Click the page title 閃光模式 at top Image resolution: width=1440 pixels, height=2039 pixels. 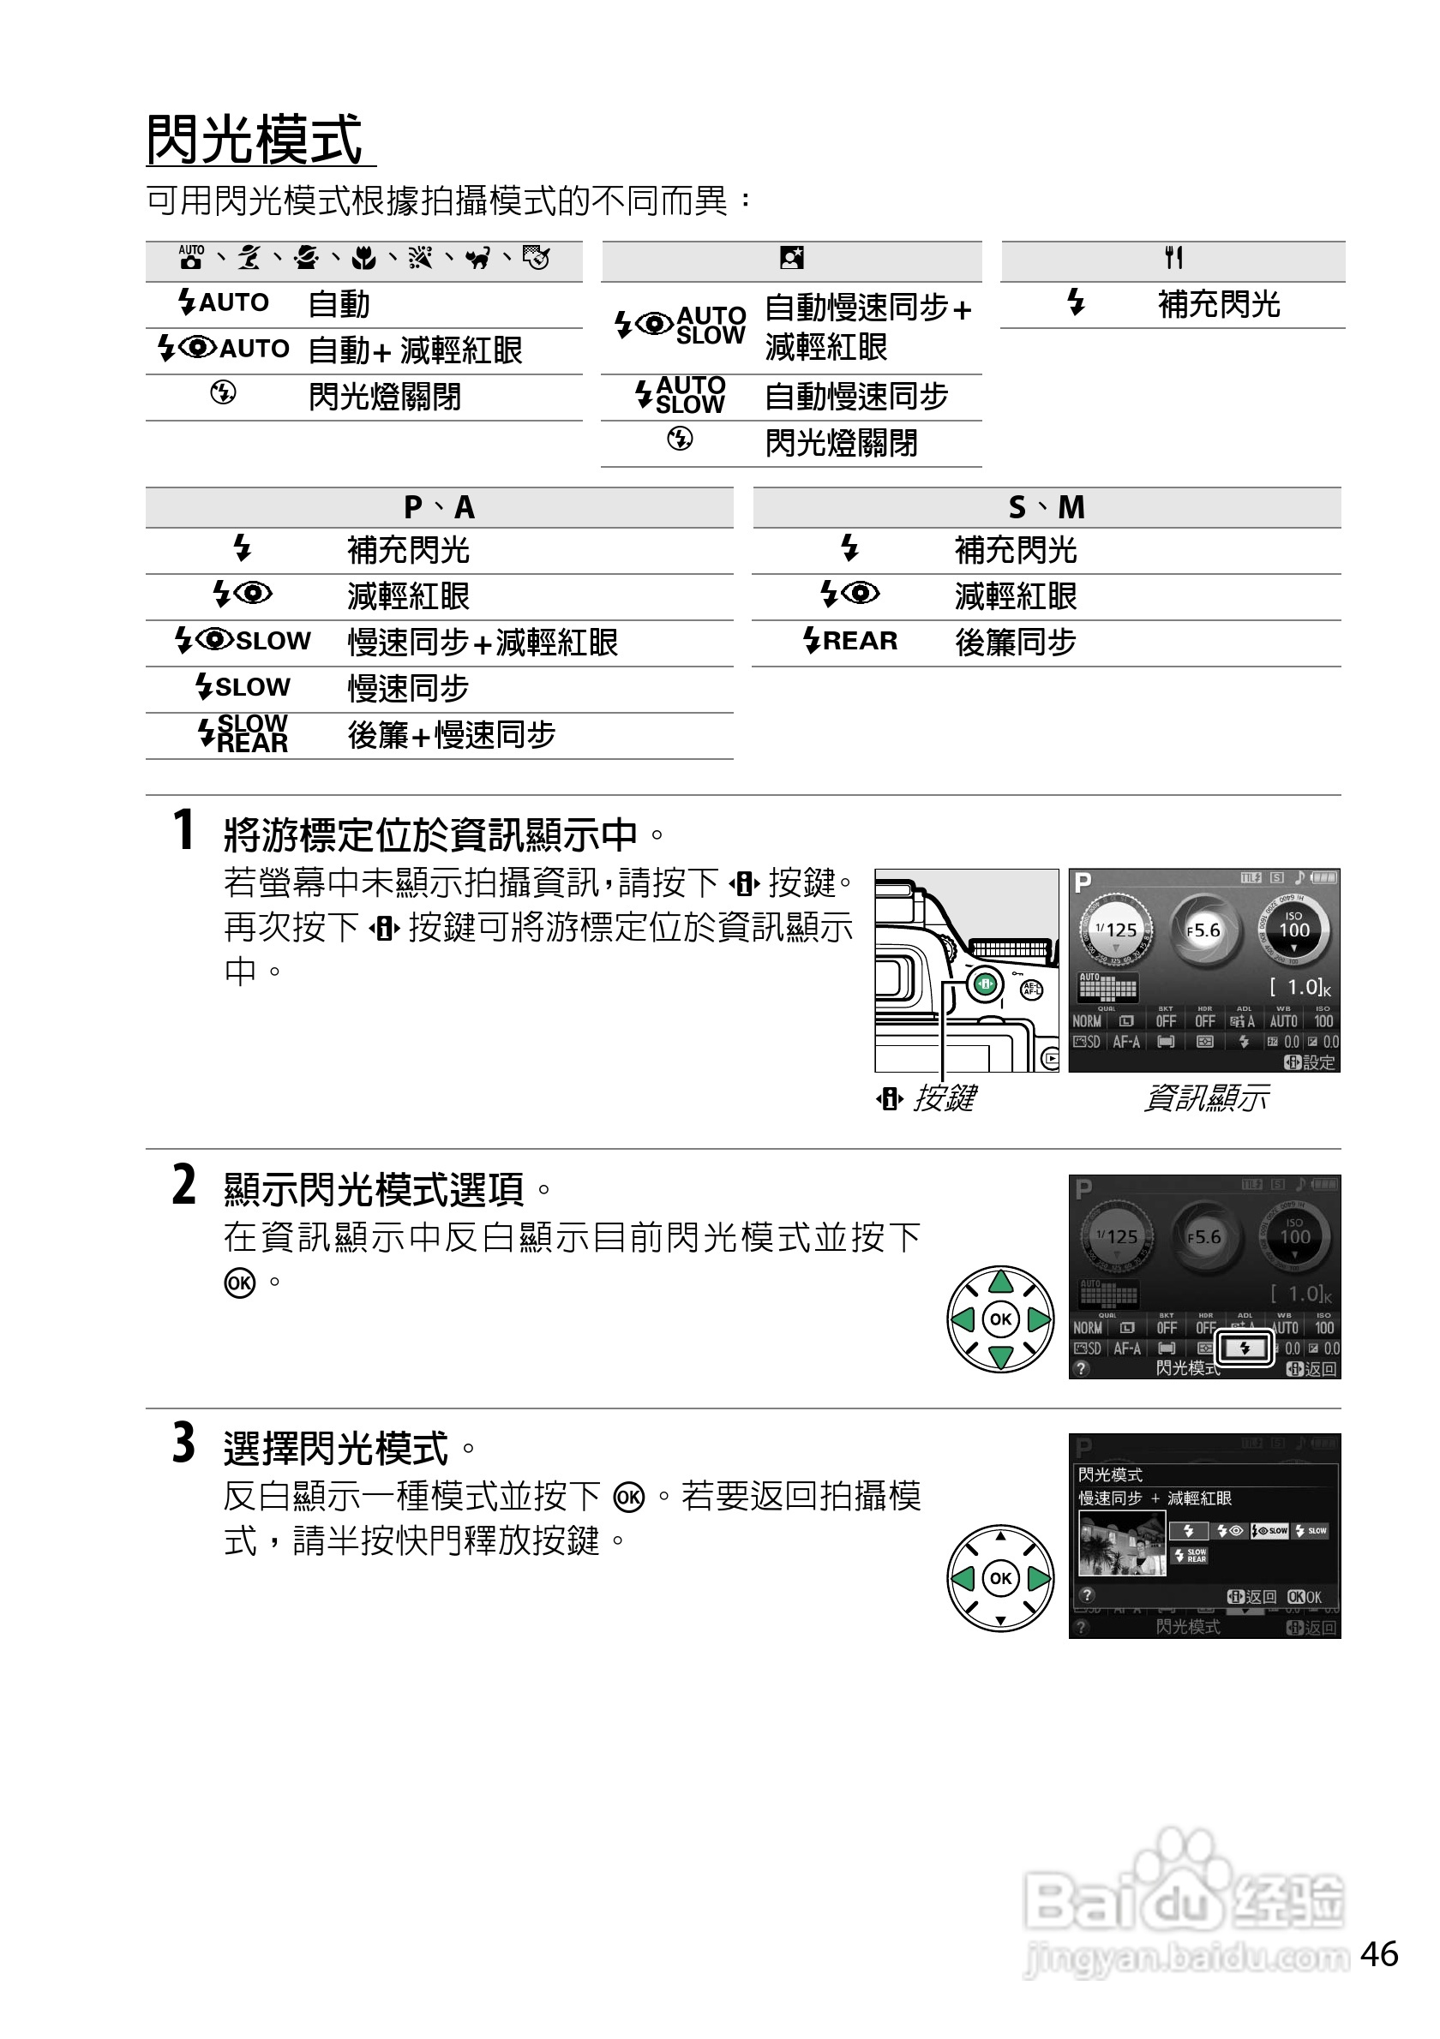(x=254, y=141)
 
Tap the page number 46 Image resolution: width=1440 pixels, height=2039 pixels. (x=1378, y=1953)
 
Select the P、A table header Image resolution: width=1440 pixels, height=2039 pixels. (x=439, y=508)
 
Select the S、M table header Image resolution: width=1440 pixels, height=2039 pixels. (x=1046, y=508)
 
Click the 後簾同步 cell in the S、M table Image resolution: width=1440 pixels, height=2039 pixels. (x=1016, y=642)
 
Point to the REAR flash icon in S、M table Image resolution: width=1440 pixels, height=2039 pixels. (x=850, y=640)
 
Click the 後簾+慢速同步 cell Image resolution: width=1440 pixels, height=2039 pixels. (x=451, y=735)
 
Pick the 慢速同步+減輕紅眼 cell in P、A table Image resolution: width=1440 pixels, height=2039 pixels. (x=483, y=642)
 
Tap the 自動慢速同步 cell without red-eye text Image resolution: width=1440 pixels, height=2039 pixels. (x=856, y=396)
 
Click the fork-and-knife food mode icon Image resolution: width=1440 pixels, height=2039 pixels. (x=1173, y=259)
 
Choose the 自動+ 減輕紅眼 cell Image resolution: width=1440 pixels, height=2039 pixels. (x=415, y=350)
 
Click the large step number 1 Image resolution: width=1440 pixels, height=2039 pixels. (x=183, y=830)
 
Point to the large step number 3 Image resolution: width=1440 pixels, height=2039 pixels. (x=183, y=1443)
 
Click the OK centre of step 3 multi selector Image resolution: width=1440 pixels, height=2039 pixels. (x=1001, y=1578)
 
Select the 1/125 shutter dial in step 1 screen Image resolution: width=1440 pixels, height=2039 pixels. (x=1116, y=930)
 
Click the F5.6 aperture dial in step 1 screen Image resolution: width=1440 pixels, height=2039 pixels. (x=1203, y=930)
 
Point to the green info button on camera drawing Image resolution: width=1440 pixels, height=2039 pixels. (x=985, y=984)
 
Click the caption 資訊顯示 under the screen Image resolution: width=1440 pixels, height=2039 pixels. (x=1205, y=1098)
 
